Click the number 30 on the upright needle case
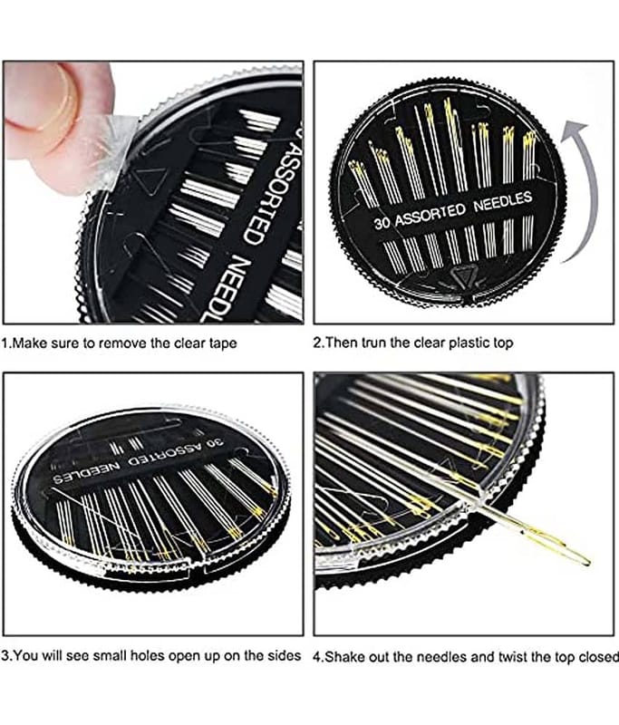[382, 223]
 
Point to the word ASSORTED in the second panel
[430, 215]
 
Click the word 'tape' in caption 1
[222, 344]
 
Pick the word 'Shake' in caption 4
[343, 656]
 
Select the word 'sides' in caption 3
[285, 655]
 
